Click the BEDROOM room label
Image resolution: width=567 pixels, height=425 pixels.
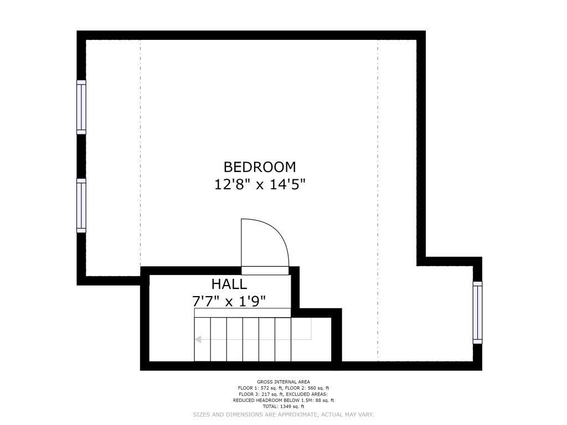[260, 167]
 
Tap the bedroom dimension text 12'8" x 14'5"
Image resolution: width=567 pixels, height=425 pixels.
[260, 184]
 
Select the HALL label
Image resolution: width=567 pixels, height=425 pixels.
[229, 284]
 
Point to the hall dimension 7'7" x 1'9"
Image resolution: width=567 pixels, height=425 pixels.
[229, 301]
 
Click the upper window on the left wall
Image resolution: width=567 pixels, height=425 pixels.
[81, 107]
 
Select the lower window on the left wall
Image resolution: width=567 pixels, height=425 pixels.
[81, 206]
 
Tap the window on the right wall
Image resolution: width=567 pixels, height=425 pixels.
[477, 313]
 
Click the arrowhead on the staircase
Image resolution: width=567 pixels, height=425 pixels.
[198, 339]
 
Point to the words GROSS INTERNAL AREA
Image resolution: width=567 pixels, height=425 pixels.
[283, 382]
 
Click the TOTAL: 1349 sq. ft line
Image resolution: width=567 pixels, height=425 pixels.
[283, 406]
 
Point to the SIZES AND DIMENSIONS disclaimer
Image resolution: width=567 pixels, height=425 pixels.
[283, 414]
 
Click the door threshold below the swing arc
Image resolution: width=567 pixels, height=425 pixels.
[265, 271]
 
